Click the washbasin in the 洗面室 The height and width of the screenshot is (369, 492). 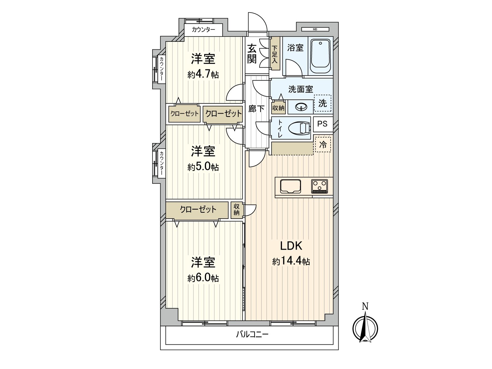(300, 107)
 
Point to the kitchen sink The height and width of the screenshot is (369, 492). (291, 186)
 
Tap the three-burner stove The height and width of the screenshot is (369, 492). (319, 186)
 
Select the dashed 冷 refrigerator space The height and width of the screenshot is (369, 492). (323, 145)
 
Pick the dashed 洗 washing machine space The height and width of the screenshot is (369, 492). (323, 103)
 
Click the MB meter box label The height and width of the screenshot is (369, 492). (315, 29)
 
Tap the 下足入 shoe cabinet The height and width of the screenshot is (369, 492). (275, 54)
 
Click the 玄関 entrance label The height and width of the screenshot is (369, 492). (252, 54)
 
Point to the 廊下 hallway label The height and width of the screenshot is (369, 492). (256, 109)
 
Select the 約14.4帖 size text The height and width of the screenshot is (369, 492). (291, 261)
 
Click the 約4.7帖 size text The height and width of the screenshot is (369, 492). (203, 75)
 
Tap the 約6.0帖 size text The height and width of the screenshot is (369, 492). (203, 278)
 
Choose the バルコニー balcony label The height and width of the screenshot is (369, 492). (252, 335)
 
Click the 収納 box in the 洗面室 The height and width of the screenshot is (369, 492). (278, 108)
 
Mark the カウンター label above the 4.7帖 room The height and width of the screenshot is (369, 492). (203, 29)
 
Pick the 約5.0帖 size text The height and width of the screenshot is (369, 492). (203, 167)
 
